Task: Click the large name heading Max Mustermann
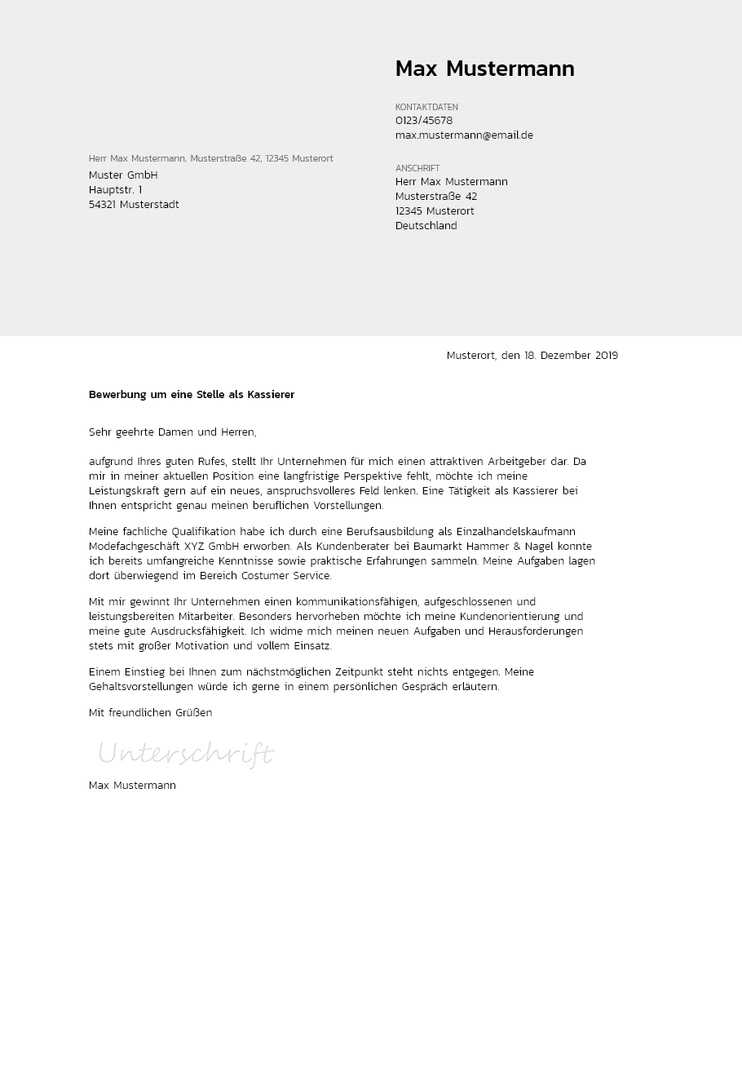coord(484,69)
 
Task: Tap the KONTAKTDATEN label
coord(426,107)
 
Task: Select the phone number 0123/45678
coord(424,121)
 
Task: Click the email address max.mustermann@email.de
coord(464,135)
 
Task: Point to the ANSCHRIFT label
coord(417,168)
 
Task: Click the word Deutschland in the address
coord(426,226)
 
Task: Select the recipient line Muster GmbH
coord(123,175)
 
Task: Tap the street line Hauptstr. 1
coord(115,190)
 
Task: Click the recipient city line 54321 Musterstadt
coord(134,205)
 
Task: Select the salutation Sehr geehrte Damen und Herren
coord(172,432)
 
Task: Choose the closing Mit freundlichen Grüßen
coord(150,713)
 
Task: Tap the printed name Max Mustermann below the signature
coord(132,786)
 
